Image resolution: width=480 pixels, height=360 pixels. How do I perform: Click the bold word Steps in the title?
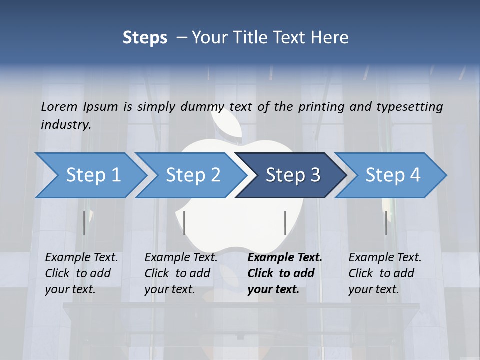click(145, 38)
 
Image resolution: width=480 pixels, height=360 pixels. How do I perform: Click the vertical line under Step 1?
click(84, 223)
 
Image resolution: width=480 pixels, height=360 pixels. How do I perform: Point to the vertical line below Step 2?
click(184, 223)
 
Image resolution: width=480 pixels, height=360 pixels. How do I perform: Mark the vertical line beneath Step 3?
click(285, 223)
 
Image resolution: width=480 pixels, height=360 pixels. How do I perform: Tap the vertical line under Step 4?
click(386, 223)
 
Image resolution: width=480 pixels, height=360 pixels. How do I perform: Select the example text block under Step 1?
click(81, 273)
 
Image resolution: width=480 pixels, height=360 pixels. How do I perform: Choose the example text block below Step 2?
click(181, 273)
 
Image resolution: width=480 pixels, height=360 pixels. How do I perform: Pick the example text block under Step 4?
click(385, 273)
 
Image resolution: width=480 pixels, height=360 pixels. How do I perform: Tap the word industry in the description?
click(66, 124)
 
